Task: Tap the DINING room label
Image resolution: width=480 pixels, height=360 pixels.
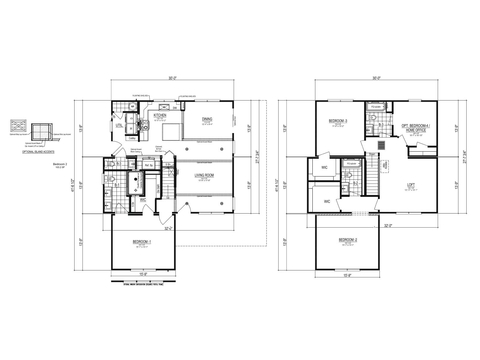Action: tap(206, 120)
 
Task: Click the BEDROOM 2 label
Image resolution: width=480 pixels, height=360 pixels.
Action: tap(347, 241)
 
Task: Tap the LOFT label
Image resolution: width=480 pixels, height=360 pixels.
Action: tap(410, 186)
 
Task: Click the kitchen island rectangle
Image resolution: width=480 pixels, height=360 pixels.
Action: tap(171, 131)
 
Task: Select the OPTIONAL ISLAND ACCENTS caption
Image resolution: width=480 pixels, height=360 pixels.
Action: tap(37, 147)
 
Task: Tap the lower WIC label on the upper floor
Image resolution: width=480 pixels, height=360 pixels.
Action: tap(327, 201)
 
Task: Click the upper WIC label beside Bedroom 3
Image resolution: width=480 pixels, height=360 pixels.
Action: tap(323, 166)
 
